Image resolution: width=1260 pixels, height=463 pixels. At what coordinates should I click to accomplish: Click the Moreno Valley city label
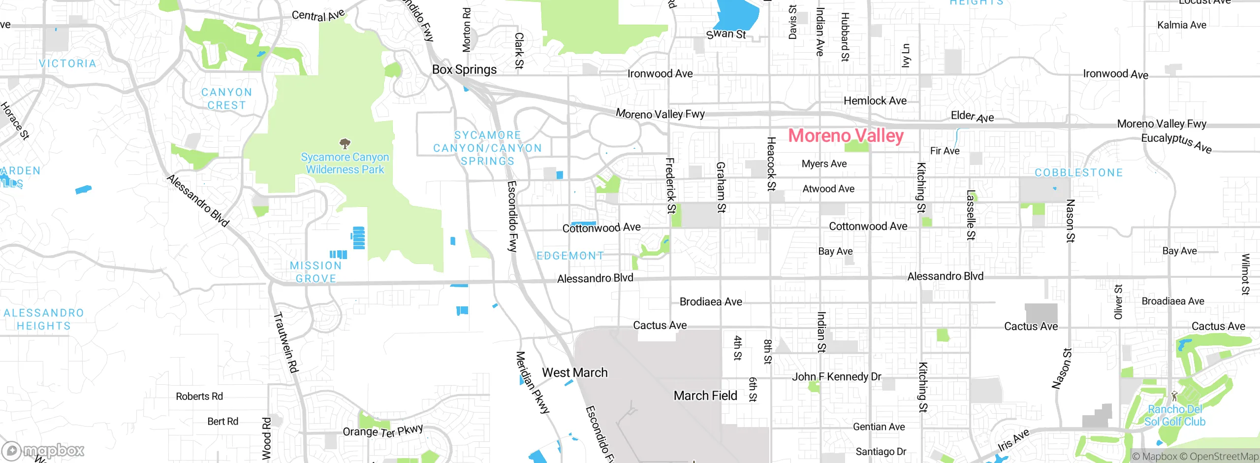pyautogui.click(x=846, y=135)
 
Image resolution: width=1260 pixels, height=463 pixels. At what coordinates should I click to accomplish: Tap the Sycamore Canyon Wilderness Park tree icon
pyautogui.click(x=345, y=144)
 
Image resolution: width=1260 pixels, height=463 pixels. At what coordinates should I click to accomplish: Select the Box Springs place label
pyautogui.click(x=464, y=69)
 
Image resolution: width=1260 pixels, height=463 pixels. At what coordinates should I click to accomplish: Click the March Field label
pyautogui.click(x=705, y=396)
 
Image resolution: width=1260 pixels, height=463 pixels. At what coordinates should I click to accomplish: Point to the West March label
pyautogui.click(x=574, y=372)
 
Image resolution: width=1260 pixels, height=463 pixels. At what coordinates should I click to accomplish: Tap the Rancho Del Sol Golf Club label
pyautogui.click(x=1174, y=415)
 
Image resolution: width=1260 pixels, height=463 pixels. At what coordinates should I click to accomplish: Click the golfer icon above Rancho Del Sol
pyautogui.click(x=1174, y=396)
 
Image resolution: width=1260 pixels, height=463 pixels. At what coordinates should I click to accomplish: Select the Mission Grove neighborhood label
pyautogui.click(x=315, y=272)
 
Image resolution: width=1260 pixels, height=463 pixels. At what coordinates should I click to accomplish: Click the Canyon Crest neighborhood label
pyautogui.click(x=226, y=99)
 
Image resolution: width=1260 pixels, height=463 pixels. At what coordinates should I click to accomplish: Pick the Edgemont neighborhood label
pyautogui.click(x=570, y=256)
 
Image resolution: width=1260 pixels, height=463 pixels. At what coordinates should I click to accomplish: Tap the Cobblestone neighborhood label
pyautogui.click(x=1078, y=172)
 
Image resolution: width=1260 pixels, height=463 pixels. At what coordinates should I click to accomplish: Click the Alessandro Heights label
pyautogui.click(x=44, y=319)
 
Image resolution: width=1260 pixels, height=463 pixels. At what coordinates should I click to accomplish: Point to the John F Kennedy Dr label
pyautogui.click(x=836, y=377)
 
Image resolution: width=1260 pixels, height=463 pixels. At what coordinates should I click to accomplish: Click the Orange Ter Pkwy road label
pyautogui.click(x=382, y=431)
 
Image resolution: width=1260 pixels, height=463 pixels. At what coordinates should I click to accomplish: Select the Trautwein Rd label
pyautogui.click(x=286, y=342)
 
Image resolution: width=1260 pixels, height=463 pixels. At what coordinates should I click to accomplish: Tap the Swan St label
pyautogui.click(x=726, y=34)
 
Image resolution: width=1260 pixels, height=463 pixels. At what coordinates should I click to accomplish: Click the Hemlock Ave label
pyautogui.click(x=875, y=100)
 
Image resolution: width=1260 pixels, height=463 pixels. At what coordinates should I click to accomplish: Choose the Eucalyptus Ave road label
pyautogui.click(x=1176, y=142)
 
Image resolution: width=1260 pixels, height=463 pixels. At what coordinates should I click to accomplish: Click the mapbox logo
pyautogui.click(x=43, y=450)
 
